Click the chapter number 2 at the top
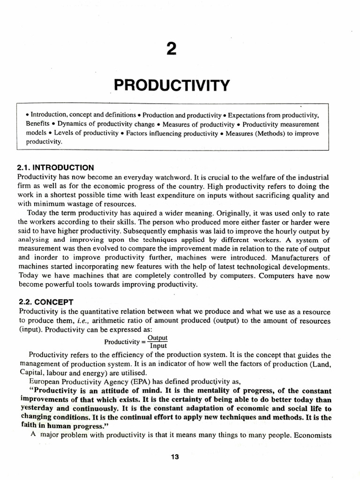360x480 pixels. [172, 48]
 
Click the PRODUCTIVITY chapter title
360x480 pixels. [172, 86]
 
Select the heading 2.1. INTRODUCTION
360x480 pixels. [55, 167]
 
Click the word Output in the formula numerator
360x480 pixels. [157, 337]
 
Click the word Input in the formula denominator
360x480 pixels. [157, 346]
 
